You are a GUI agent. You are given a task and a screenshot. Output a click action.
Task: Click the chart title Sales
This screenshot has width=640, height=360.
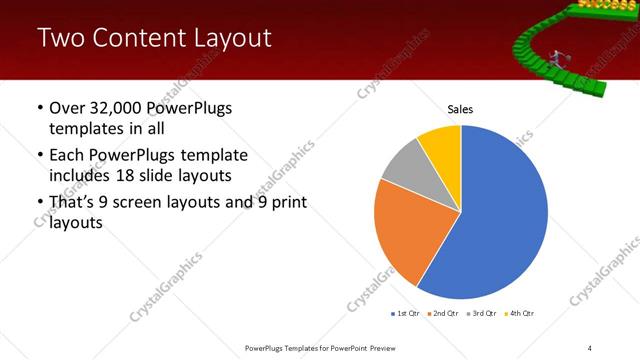click(x=460, y=110)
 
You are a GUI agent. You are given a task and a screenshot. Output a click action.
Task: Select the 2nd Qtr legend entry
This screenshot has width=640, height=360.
click(x=444, y=312)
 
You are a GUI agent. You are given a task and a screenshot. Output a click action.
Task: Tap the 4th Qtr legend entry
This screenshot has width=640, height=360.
click(x=520, y=312)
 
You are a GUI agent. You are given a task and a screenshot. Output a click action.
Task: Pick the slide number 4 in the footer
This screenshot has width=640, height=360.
click(x=590, y=347)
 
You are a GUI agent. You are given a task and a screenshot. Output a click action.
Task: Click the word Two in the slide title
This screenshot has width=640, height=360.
click(x=59, y=39)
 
